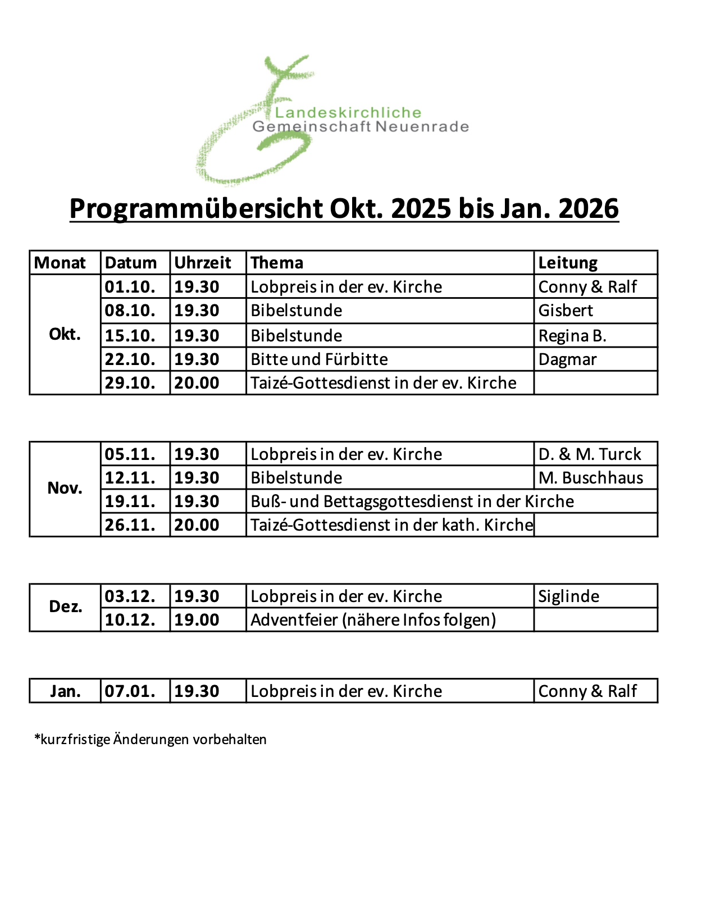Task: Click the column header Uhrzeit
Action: click(202, 263)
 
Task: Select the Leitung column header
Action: click(567, 263)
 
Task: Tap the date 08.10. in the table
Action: click(130, 311)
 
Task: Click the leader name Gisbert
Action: click(566, 311)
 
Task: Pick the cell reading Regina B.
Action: click(572, 336)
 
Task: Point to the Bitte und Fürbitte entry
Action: click(319, 359)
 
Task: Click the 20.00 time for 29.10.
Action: click(197, 383)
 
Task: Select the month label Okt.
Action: click(65, 335)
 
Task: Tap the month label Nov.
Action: click(65, 488)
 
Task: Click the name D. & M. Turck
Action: click(589, 454)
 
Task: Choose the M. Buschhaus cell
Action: click(590, 478)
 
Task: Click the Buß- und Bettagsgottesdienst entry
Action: click(412, 501)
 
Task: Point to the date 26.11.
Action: click(130, 525)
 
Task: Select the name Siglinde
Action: click(568, 596)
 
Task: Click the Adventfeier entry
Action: click(373, 620)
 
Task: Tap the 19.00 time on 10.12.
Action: click(197, 620)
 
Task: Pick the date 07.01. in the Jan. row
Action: click(130, 691)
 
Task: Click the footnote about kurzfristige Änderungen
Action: click(151, 740)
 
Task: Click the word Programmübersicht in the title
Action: click(196, 209)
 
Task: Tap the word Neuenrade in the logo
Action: click(422, 127)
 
